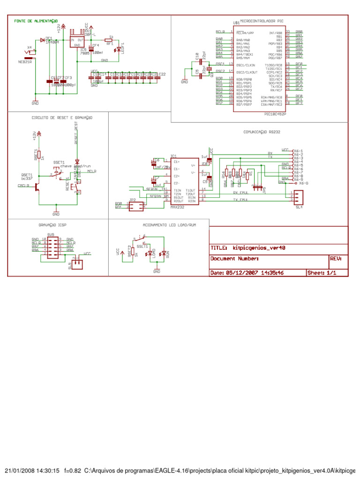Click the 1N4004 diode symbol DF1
pyautogui.click(x=43, y=40)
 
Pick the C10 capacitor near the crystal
pyautogui.click(x=201, y=61)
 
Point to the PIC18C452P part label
pyautogui.click(x=275, y=113)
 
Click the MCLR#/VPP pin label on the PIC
pyautogui.click(x=245, y=33)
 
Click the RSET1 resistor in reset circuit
pyautogui.click(x=40, y=154)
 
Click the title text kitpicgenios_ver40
pyautogui.click(x=259, y=247)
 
